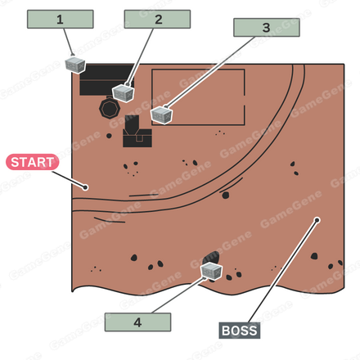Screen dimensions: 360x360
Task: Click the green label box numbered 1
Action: (x=61, y=19)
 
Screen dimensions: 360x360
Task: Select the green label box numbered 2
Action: (x=157, y=19)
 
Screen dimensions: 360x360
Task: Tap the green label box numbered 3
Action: (x=267, y=27)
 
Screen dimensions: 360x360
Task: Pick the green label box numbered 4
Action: (x=137, y=322)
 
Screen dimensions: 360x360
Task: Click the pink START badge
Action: (x=33, y=162)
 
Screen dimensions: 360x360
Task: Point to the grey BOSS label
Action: (x=240, y=331)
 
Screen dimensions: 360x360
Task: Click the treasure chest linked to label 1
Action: (x=75, y=65)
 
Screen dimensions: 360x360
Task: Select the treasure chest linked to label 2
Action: (x=124, y=93)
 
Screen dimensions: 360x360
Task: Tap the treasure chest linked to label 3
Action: (x=162, y=115)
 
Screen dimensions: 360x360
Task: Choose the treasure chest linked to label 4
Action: (x=211, y=271)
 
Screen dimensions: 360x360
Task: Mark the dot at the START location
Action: (x=85, y=187)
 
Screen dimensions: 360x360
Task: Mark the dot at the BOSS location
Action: (x=317, y=220)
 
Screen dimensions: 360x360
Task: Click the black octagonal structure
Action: (x=110, y=108)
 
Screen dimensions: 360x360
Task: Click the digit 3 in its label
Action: (x=266, y=28)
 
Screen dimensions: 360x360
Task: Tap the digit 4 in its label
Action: (x=137, y=322)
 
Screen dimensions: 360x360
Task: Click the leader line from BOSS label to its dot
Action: (x=283, y=272)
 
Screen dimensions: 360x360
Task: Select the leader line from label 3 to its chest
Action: (x=210, y=72)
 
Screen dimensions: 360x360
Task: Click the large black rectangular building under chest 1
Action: (x=107, y=80)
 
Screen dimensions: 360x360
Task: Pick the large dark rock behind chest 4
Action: (x=212, y=257)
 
